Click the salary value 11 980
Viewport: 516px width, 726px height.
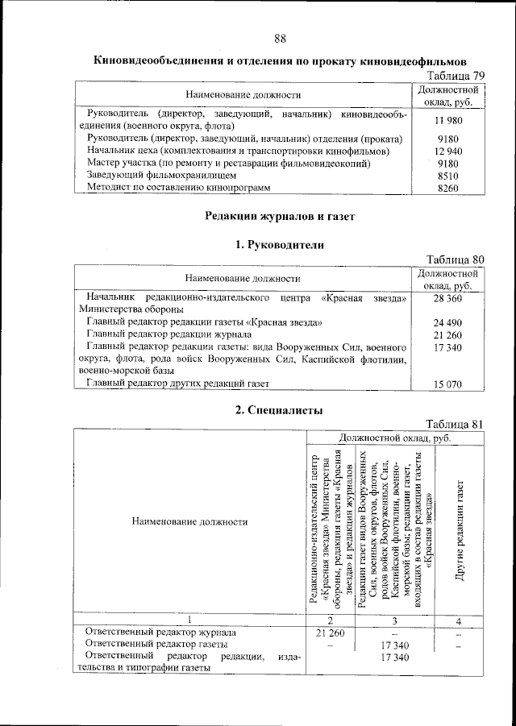click(x=451, y=120)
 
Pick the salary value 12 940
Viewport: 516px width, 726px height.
click(x=451, y=151)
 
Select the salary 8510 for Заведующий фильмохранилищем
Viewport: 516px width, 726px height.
click(x=451, y=175)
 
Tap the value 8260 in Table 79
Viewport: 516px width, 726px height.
click(x=451, y=188)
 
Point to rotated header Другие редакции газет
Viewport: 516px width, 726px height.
click(x=457, y=532)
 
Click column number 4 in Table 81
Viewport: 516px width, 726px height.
click(x=458, y=620)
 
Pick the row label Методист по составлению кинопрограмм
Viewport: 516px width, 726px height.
click(x=178, y=188)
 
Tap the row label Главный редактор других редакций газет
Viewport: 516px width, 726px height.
click(x=177, y=384)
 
